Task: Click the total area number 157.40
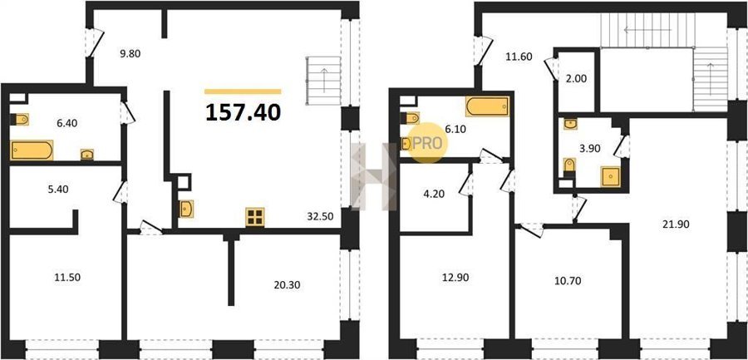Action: pos(244,113)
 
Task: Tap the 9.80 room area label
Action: pos(130,54)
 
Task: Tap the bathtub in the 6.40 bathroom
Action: pos(32,150)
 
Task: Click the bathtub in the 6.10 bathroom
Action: pos(487,106)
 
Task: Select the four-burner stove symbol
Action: pos(255,217)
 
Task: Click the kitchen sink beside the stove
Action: pos(186,210)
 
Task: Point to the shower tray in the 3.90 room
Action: pos(610,176)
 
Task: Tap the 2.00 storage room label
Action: pos(576,79)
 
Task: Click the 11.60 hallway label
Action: pos(518,57)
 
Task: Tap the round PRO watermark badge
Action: pos(428,143)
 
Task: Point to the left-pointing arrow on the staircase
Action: pos(647,30)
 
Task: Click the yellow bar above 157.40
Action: pos(243,91)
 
